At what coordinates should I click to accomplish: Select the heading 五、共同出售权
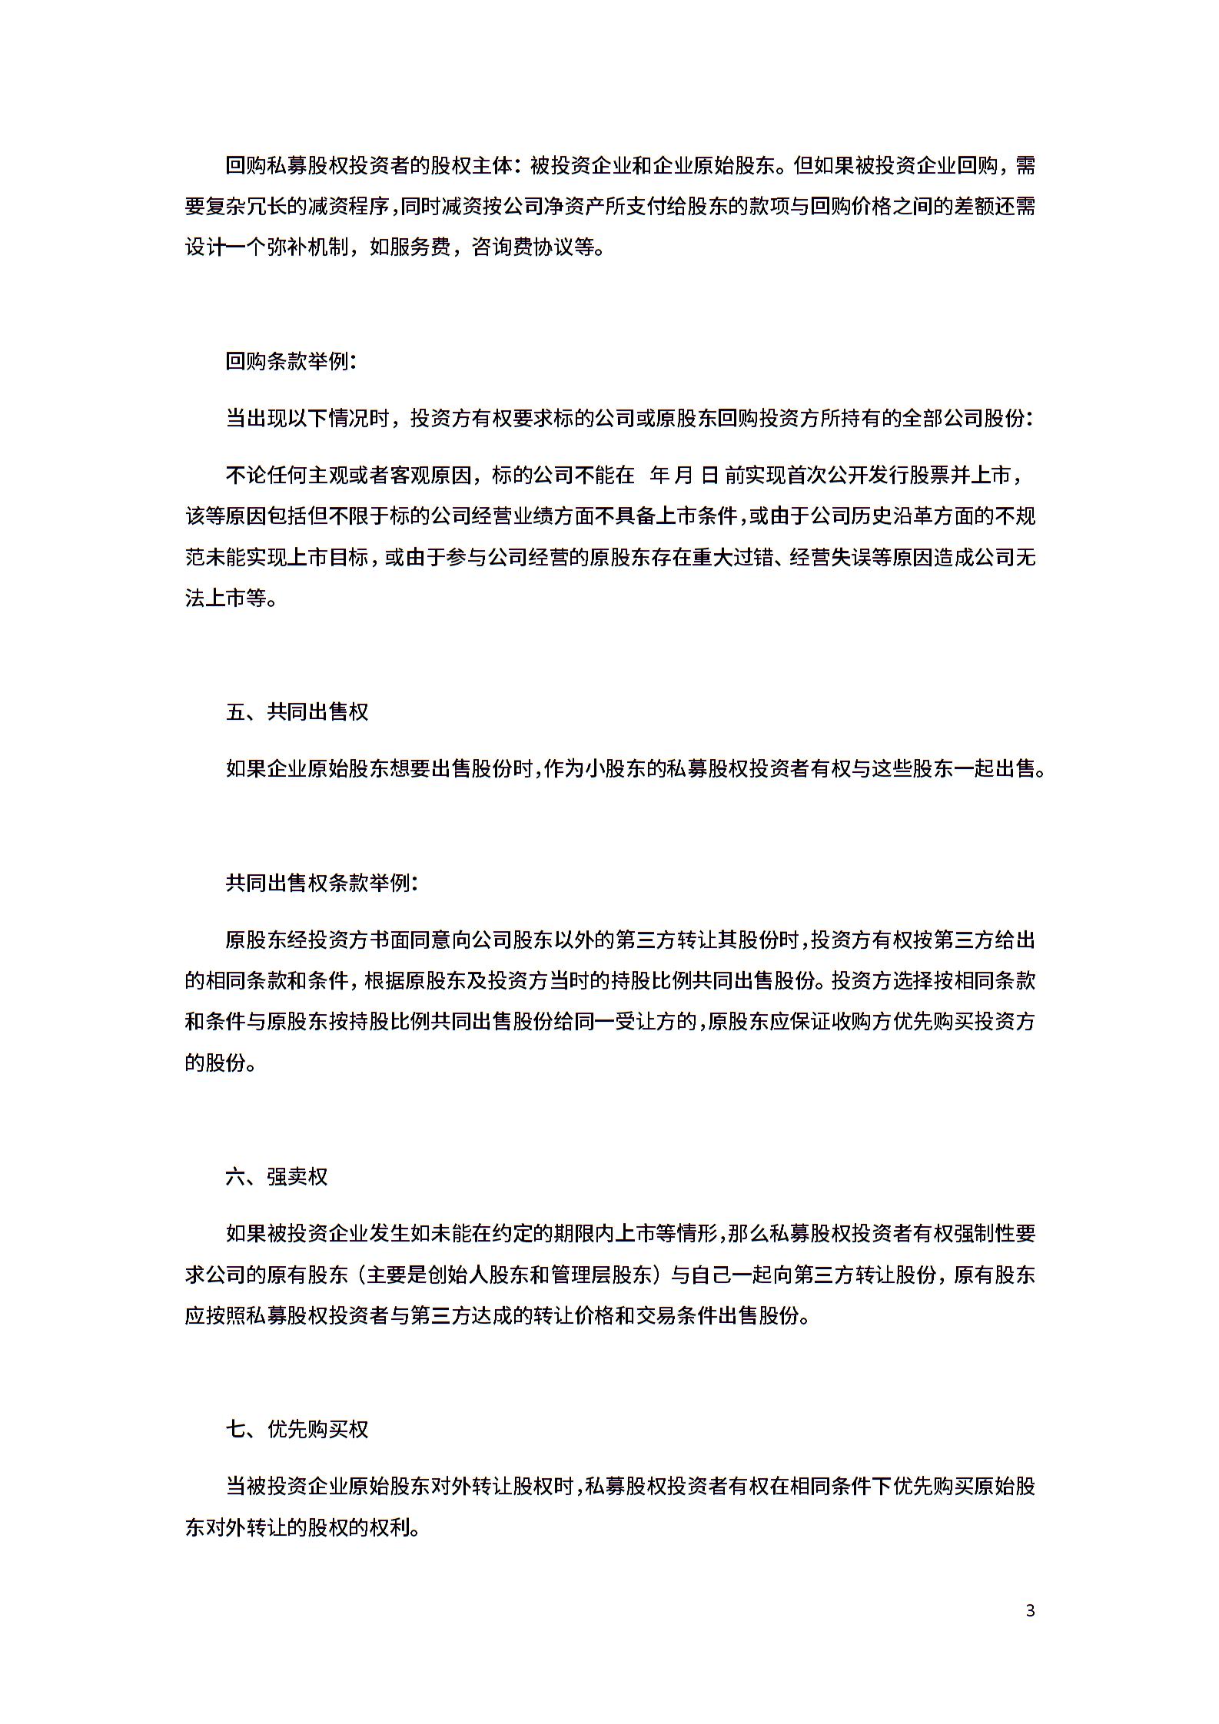pyautogui.click(x=297, y=711)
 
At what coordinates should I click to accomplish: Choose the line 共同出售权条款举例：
pyautogui.click(x=322, y=883)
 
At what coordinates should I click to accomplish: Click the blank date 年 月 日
pyautogui.click(x=684, y=476)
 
